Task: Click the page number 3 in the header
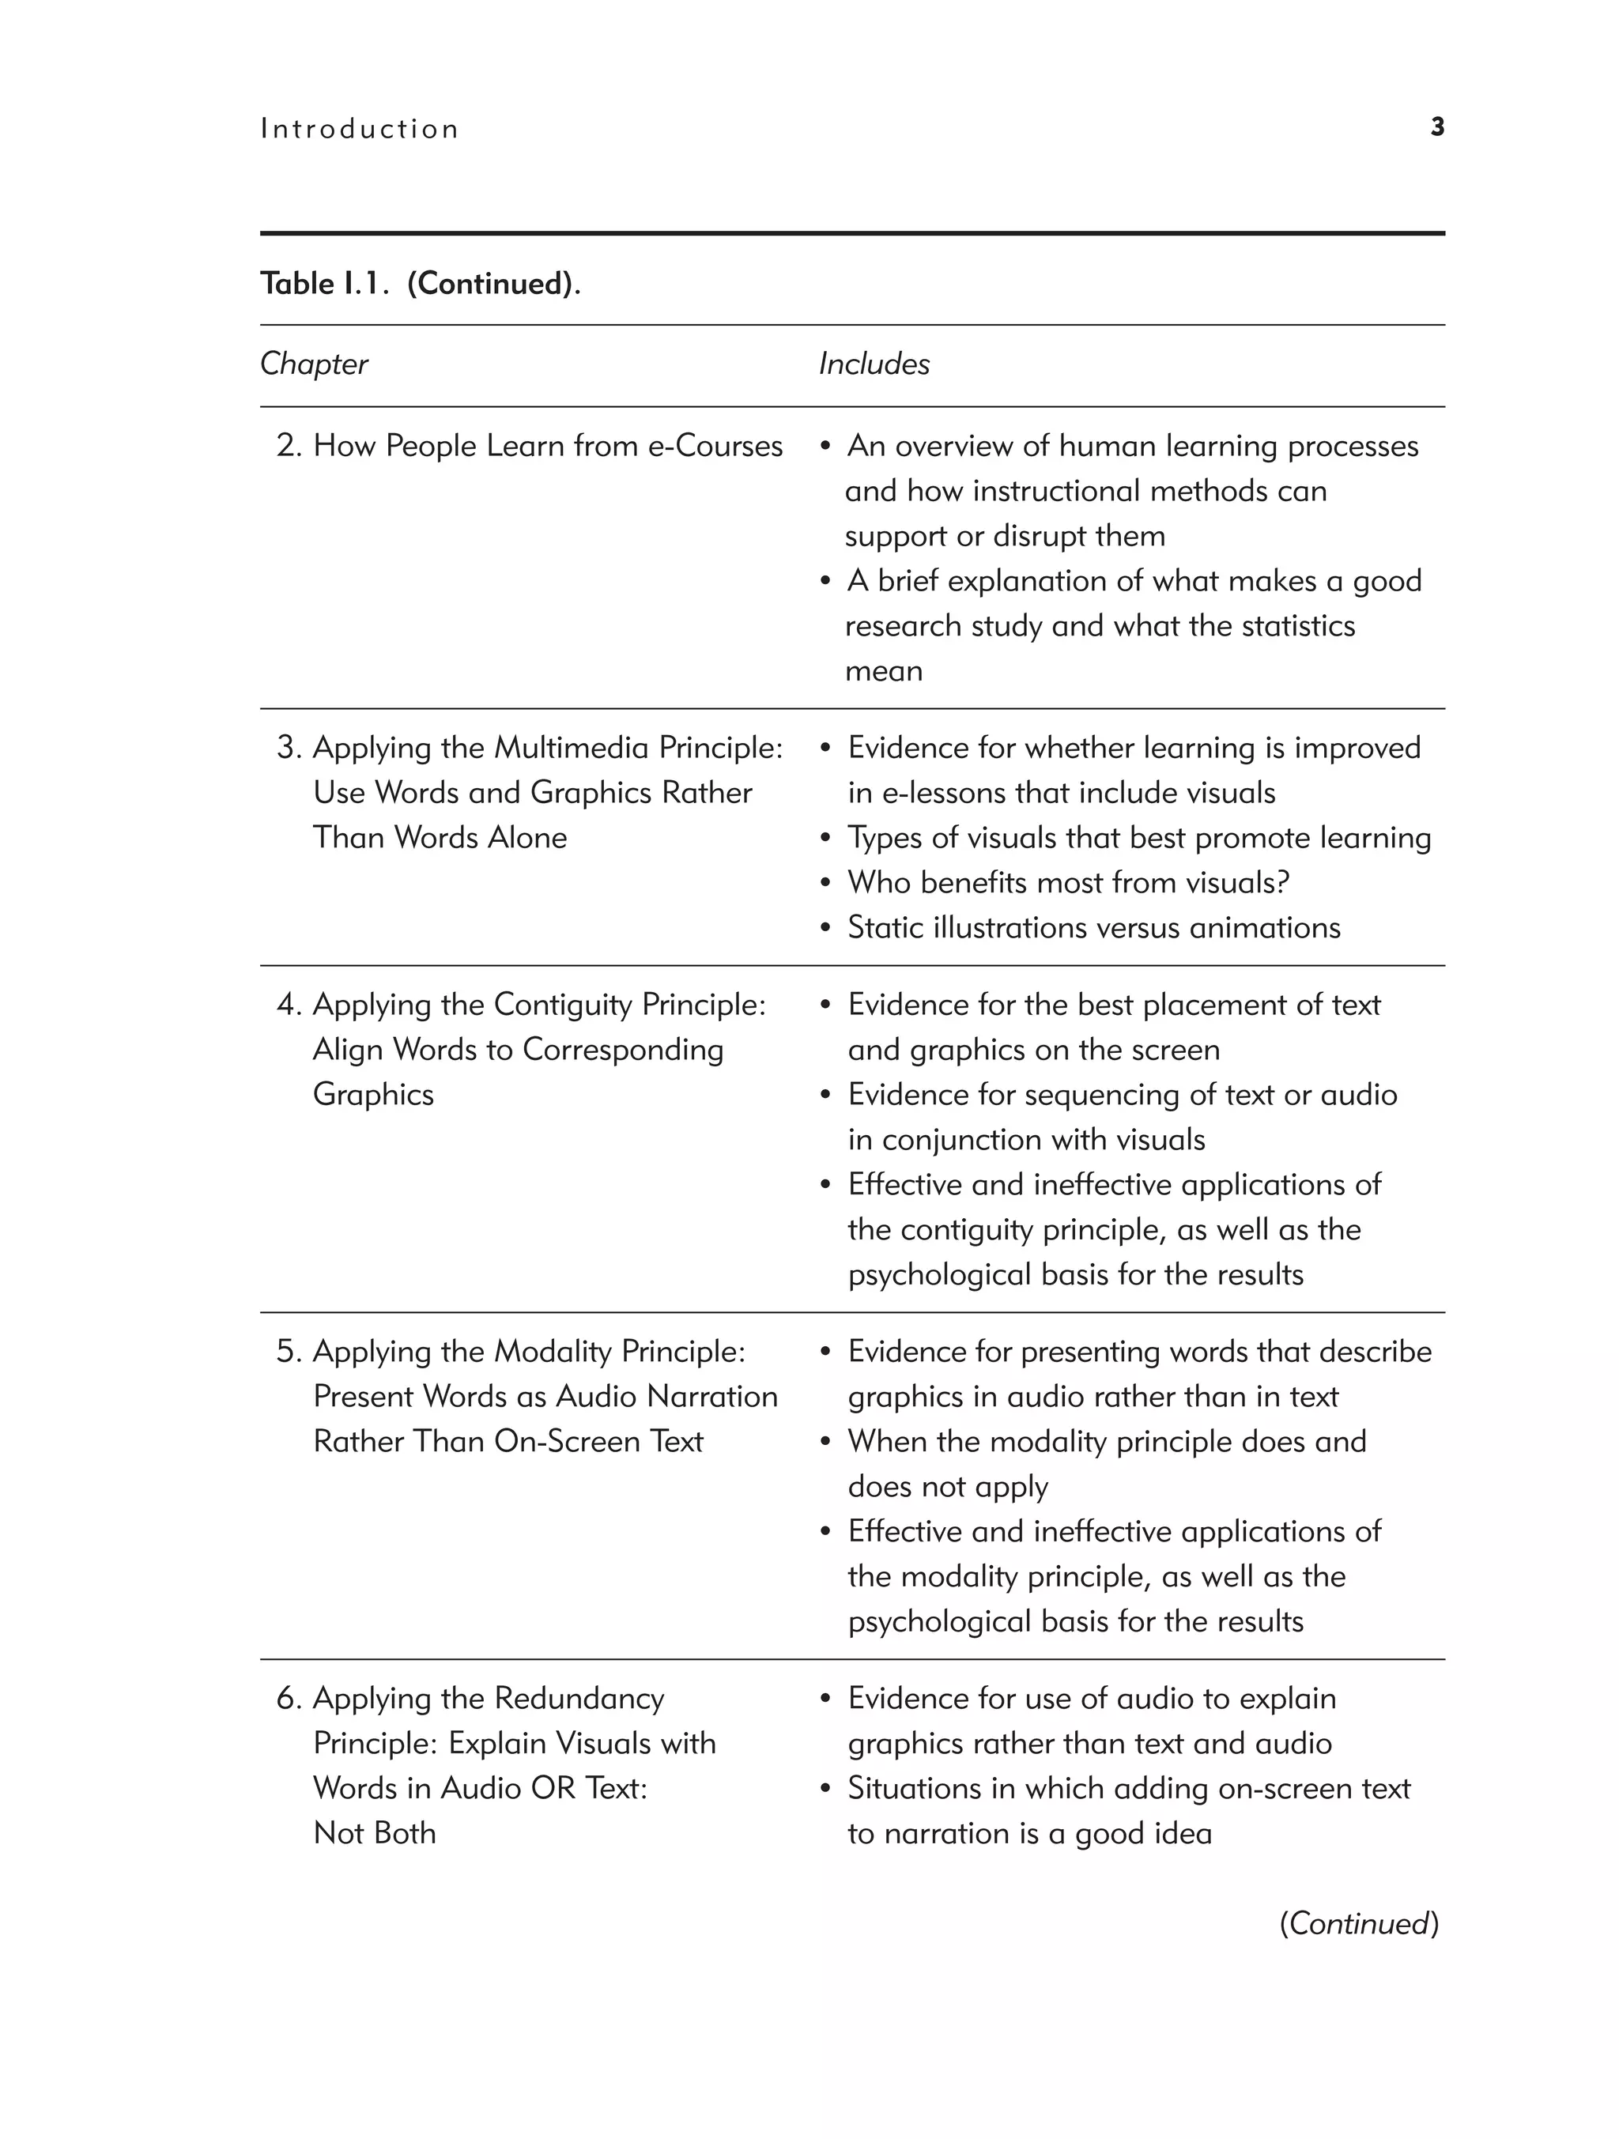pos(1437,127)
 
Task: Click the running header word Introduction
pos(360,130)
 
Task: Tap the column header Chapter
pos(315,364)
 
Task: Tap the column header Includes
pos(874,364)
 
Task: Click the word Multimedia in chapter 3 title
pos(572,748)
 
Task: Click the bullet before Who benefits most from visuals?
pos(825,883)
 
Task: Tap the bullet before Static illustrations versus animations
pos(825,928)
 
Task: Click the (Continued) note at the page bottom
pos(1359,1923)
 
